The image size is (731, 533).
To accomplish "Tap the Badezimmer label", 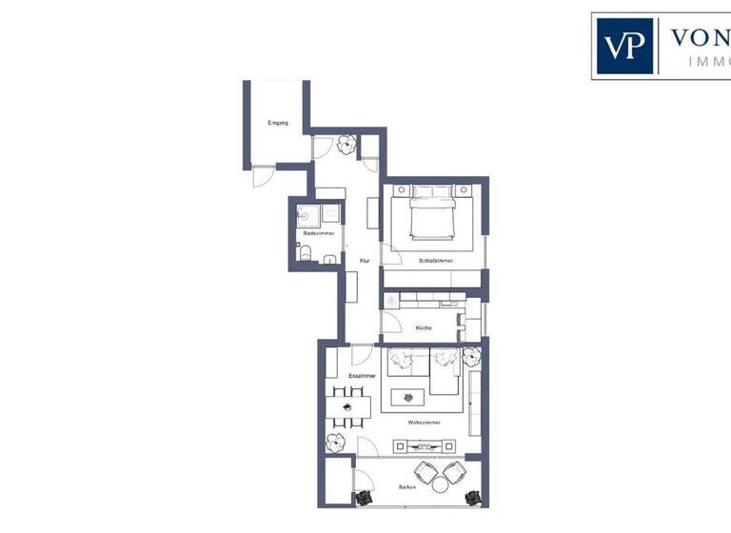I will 316,233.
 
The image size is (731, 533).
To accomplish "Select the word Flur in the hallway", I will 364,260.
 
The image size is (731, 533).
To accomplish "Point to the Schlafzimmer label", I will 435,260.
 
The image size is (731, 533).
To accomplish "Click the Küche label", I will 424,328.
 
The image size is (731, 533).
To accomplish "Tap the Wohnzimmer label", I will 423,421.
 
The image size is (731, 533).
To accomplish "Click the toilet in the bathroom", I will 304,252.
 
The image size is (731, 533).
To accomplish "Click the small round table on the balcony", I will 440,484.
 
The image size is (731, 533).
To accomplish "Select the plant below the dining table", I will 334,443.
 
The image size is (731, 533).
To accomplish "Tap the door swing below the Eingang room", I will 261,176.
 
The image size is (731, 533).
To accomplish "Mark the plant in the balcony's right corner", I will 472,497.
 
